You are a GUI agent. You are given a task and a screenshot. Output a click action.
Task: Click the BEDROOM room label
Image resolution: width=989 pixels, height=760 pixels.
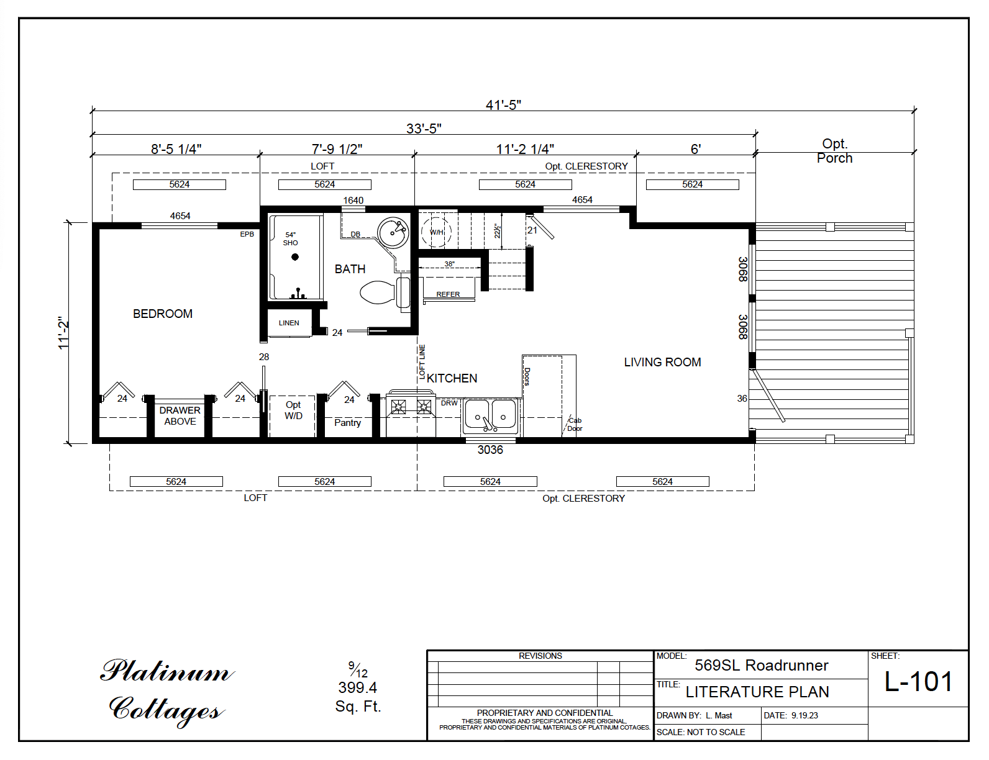[x=163, y=314]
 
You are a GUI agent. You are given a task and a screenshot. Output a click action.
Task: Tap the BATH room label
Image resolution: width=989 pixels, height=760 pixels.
[x=350, y=269]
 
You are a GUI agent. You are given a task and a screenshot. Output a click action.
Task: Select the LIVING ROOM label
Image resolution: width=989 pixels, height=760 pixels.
[x=662, y=363]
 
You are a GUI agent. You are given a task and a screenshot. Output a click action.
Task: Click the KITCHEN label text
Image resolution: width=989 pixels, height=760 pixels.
[x=452, y=379]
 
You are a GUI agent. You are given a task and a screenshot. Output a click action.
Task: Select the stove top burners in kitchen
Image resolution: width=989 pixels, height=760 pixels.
[x=411, y=407]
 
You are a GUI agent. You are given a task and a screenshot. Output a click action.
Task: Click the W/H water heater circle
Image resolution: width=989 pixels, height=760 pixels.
[x=436, y=232]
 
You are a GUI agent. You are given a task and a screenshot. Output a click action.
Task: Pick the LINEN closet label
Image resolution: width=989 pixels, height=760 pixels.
[x=289, y=323]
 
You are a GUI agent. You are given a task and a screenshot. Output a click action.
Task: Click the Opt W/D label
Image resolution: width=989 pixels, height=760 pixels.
[x=293, y=410]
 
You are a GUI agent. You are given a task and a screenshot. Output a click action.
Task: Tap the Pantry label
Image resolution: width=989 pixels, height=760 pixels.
[x=347, y=423]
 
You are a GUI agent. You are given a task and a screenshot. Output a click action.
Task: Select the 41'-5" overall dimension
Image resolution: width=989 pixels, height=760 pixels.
[x=503, y=105]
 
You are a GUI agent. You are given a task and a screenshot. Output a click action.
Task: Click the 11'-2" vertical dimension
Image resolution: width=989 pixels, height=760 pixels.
[x=63, y=333]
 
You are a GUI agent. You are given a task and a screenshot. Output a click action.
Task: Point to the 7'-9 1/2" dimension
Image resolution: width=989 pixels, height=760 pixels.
[x=337, y=149]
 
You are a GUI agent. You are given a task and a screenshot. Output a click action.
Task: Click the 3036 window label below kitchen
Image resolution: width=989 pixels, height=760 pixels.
[x=490, y=450]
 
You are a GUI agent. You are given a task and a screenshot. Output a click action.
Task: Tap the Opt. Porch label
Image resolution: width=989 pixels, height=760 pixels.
[x=834, y=151]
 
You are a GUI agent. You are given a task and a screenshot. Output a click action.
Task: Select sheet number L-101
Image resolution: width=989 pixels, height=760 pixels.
[x=918, y=682]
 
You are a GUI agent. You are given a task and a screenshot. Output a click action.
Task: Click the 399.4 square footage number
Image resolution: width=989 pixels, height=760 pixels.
[x=358, y=688]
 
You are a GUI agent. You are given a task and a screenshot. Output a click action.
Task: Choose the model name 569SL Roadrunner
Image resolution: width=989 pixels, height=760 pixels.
[x=761, y=666]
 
